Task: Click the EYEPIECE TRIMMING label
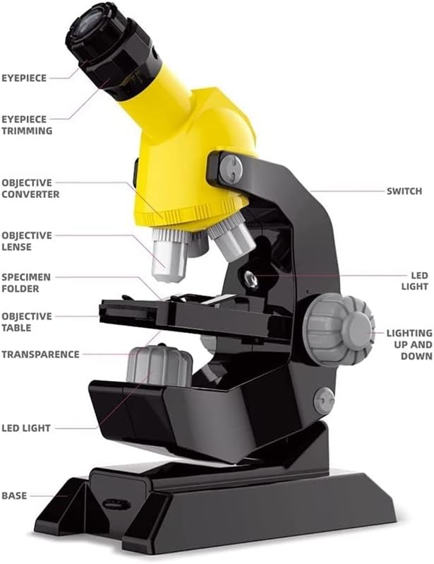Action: coord(27,125)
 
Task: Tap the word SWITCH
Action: coord(404,191)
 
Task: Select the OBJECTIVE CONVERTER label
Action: coord(30,188)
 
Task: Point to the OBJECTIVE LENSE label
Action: coord(27,241)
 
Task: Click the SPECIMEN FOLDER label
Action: coord(26,283)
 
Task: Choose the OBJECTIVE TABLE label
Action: coord(27,322)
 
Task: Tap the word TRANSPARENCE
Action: coord(41,354)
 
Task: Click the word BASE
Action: coord(14,495)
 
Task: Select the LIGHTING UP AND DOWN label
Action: coord(409,345)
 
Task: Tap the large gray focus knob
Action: coord(339,329)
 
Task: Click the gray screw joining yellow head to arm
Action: coord(231,169)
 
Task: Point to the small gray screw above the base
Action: coord(324,401)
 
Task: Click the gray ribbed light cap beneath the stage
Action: coord(159,365)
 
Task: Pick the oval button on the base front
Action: coord(116,505)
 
